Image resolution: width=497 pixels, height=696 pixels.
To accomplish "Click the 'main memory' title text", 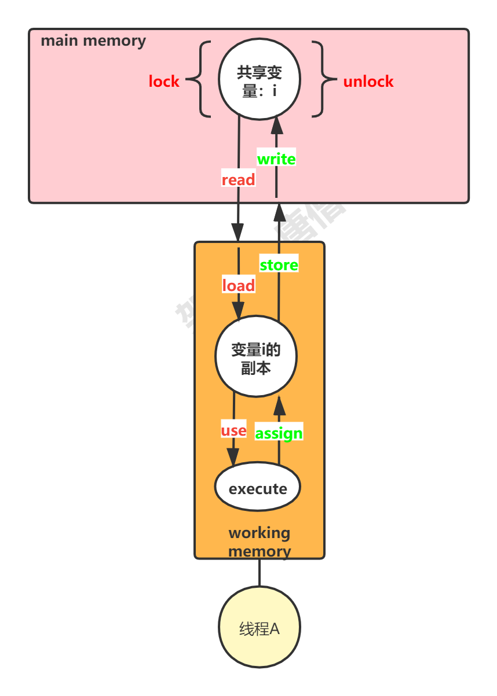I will (x=93, y=41).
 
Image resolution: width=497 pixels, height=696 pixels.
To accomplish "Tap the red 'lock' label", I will (x=164, y=82).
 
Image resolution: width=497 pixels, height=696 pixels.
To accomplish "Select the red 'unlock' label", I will (x=368, y=82).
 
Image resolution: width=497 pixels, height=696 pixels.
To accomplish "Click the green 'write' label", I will (x=276, y=159).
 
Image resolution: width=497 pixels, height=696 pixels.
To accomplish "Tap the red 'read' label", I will (x=238, y=180).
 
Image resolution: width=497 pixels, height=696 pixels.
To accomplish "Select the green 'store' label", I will (x=279, y=265).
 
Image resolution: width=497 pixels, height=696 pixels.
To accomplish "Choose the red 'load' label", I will (x=238, y=286).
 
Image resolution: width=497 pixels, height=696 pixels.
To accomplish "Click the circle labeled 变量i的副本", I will (x=256, y=356).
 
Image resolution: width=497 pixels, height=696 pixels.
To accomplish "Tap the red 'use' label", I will (x=233, y=431).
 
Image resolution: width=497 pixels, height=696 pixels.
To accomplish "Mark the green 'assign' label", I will (x=279, y=433).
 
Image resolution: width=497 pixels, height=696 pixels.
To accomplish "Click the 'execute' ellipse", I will (x=258, y=489).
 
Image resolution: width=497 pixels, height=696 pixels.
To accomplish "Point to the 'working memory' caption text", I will (x=260, y=542).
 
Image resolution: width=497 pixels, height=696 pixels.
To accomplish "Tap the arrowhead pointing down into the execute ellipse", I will (x=233, y=457).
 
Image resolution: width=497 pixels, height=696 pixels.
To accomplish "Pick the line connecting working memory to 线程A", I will (x=260, y=573).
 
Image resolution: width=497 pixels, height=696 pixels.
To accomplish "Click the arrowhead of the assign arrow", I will (x=279, y=406).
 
